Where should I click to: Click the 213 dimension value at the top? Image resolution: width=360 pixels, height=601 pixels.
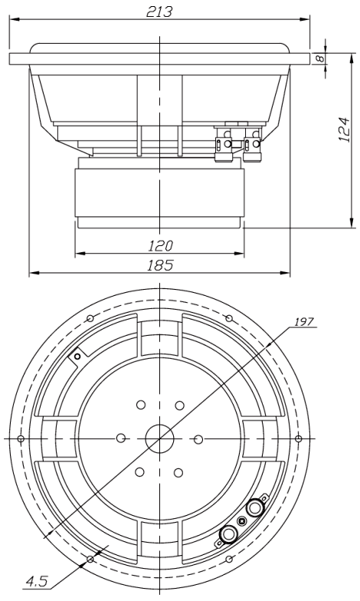tap(159, 12)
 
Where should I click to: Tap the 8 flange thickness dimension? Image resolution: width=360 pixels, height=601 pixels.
tap(320, 58)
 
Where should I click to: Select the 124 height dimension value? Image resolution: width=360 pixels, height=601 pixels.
tap(345, 129)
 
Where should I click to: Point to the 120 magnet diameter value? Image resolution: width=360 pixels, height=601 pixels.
tap(161, 245)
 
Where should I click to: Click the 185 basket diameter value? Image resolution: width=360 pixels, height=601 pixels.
tap(160, 265)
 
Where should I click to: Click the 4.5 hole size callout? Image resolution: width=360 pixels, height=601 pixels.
tap(37, 582)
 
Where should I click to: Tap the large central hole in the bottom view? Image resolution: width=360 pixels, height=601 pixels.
tap(159, 438)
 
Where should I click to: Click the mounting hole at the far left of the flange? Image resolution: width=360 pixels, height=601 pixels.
tap(21, 438)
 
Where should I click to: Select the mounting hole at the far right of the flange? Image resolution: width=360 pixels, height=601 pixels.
tap(299, 438)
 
